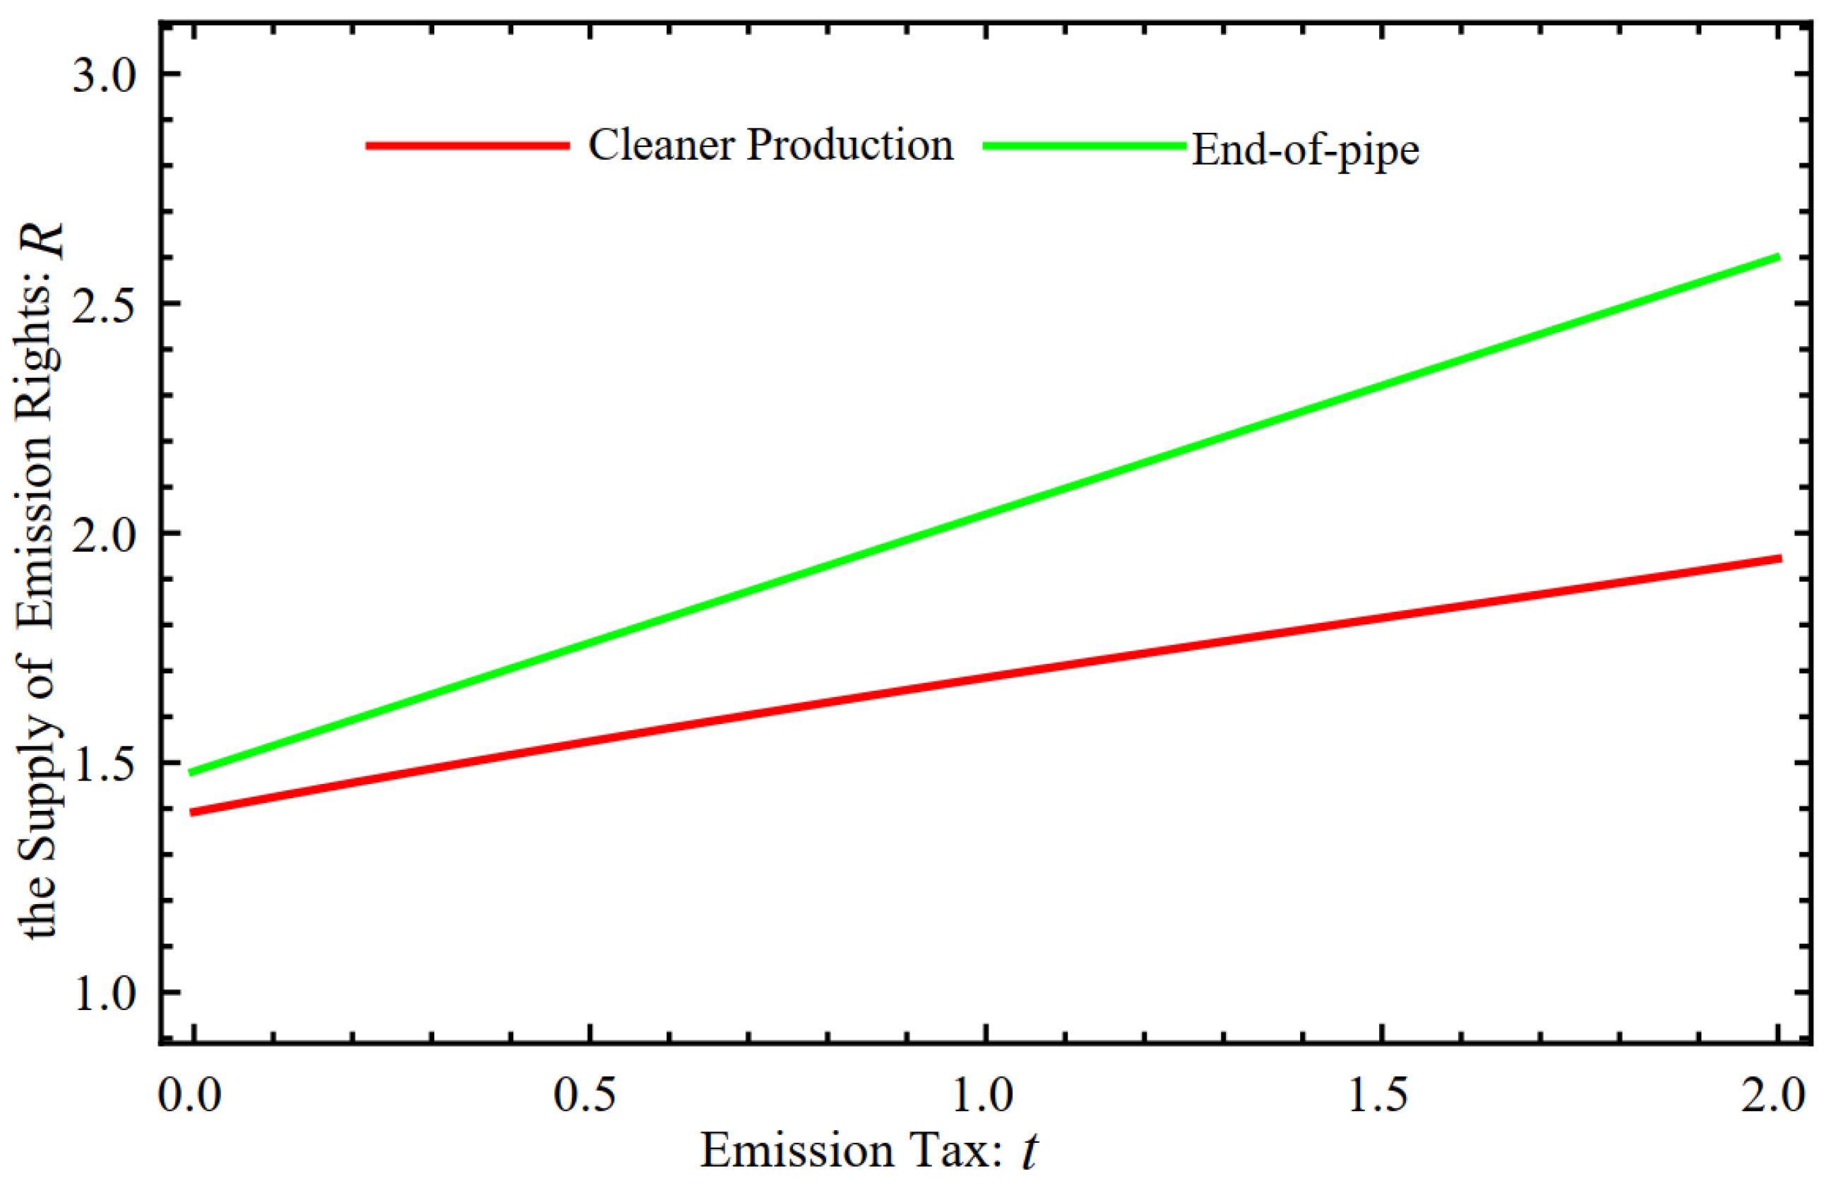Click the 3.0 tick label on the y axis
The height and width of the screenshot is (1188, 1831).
coord(104,76)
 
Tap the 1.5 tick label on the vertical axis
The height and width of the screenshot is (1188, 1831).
coord(104,764)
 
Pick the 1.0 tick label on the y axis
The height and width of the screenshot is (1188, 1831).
coord(104,993)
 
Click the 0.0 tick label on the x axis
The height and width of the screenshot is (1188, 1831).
coord(189,1094)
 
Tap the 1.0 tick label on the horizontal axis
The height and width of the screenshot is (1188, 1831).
coord(982,1094)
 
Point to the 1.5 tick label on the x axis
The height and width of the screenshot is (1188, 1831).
coord(1378,1094)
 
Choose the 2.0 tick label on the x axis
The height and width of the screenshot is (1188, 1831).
coord(1772,1094)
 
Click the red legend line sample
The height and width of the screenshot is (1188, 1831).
coord(467,145)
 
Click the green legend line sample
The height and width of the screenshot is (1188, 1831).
coord(1084,145)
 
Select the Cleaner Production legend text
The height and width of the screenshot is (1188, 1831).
coord(770,144)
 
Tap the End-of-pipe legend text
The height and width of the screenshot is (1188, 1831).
coord(1305,149)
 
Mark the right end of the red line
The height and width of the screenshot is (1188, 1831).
coord(1778,559)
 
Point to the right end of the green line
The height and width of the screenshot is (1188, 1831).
coord(1778,257)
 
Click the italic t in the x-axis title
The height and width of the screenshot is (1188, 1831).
coord(1029,1152)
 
